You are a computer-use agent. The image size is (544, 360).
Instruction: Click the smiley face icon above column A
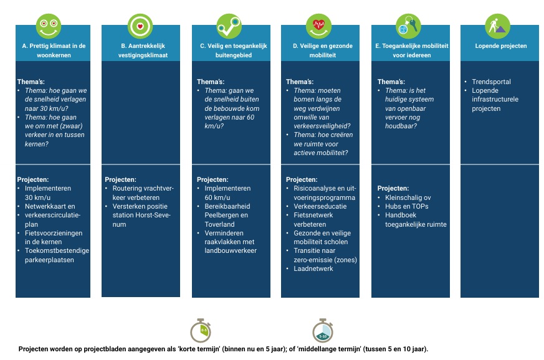coord(49,26)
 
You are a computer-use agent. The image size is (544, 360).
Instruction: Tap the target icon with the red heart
coord(140,26)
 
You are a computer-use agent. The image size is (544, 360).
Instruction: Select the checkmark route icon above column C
coord(229,26)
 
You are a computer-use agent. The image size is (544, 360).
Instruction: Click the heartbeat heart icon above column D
coord(318,26)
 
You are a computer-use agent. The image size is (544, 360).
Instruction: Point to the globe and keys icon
coord(408,26)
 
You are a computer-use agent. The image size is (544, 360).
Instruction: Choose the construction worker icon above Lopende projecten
coord(497,26)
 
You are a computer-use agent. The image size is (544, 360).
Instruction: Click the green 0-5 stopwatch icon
coord(201,330)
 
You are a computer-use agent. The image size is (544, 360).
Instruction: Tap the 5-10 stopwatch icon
coord(323,330)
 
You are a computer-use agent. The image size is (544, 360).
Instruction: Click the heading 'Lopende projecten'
coord(500,46)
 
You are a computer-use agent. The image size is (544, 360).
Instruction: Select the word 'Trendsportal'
coord(491,82)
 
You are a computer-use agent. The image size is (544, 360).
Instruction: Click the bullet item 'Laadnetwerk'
coord(313,268)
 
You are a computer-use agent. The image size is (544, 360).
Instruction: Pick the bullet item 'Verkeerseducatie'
coord(320,206)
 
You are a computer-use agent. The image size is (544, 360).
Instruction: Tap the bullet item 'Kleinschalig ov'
coord(408,197)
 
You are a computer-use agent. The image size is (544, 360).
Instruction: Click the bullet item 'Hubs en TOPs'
coord(407,206)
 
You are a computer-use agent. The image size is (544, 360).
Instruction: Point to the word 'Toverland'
coord(219,224)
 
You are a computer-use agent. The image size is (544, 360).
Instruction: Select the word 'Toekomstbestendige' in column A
coord(57,250)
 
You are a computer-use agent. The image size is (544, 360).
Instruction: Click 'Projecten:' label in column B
coord(120,179)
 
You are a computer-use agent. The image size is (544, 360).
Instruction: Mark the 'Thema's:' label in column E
coord(391,82)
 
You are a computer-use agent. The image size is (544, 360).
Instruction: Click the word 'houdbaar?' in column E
coord(401,126)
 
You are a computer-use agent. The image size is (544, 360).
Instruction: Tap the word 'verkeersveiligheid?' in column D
coord(322,126)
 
